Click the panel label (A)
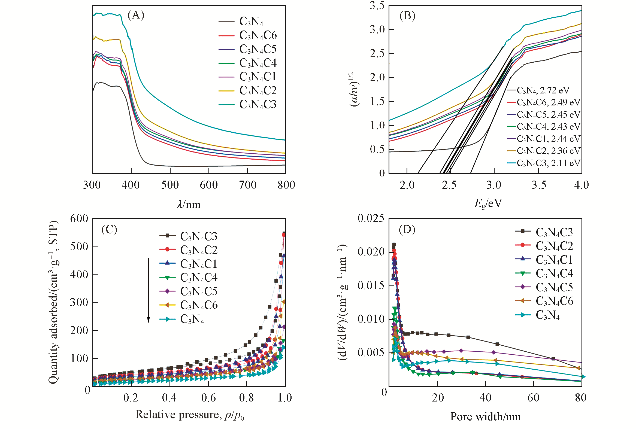click(x=136, y=15)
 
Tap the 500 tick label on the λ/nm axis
click(x=170, y=185)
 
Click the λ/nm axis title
click(x=189, y=204)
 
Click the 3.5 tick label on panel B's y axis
click(x=377, y=5)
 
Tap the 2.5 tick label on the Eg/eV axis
click(x=449, y=185)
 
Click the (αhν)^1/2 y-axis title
click(x=354, y=89)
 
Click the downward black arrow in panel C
click(x=149, y=290)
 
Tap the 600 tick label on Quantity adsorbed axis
click(x=79, y=219)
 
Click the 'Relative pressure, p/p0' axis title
click(x=190, y=415)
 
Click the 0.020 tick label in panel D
click(x=371, y=252)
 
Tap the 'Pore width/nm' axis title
click(x=486, y=416)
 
